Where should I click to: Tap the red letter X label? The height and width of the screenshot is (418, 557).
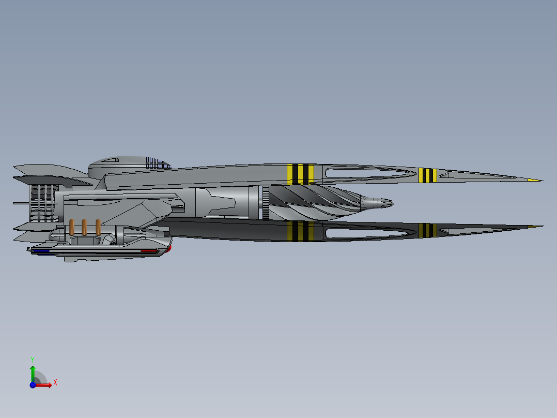(x=55, y=383)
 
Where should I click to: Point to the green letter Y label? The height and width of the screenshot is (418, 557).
(x=33, y=360)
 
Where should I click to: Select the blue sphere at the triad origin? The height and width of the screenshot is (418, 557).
(x=33, y=385)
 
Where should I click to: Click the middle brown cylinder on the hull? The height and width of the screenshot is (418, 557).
(x=84, y=227)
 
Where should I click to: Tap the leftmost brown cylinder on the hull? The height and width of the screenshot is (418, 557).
(x=72, y=227)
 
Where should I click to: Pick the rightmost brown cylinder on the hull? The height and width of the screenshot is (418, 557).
(x=98, y=227)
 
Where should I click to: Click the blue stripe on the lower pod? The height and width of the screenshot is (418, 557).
(x=41, y=251)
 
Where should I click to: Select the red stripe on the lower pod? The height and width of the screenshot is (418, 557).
(x=149, y=251)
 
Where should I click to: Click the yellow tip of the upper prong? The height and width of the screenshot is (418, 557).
(x=535, y=180)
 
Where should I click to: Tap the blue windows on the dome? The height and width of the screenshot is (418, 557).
(x=158, y=163)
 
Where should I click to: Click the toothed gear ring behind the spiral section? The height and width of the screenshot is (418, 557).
(x=266, y=203)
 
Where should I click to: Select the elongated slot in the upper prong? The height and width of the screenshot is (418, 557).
(x=370, y=173)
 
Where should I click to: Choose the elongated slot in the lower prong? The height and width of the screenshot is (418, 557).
(x=370, y=233)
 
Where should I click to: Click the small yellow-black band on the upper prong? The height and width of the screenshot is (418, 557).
(x=428, y=175)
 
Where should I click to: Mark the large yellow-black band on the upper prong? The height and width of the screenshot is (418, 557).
(x=301, y=174)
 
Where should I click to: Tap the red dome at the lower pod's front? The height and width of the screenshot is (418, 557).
(x=169, y=248)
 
